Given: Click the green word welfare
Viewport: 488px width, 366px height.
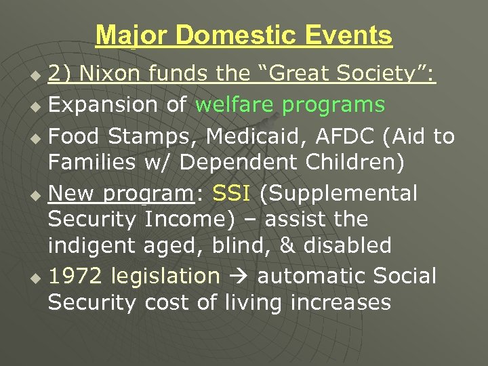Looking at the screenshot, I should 235,105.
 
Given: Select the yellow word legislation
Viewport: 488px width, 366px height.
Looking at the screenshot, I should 165,277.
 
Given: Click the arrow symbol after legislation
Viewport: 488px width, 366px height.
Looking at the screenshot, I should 239,277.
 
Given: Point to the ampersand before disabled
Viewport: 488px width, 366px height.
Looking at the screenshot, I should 288,245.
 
